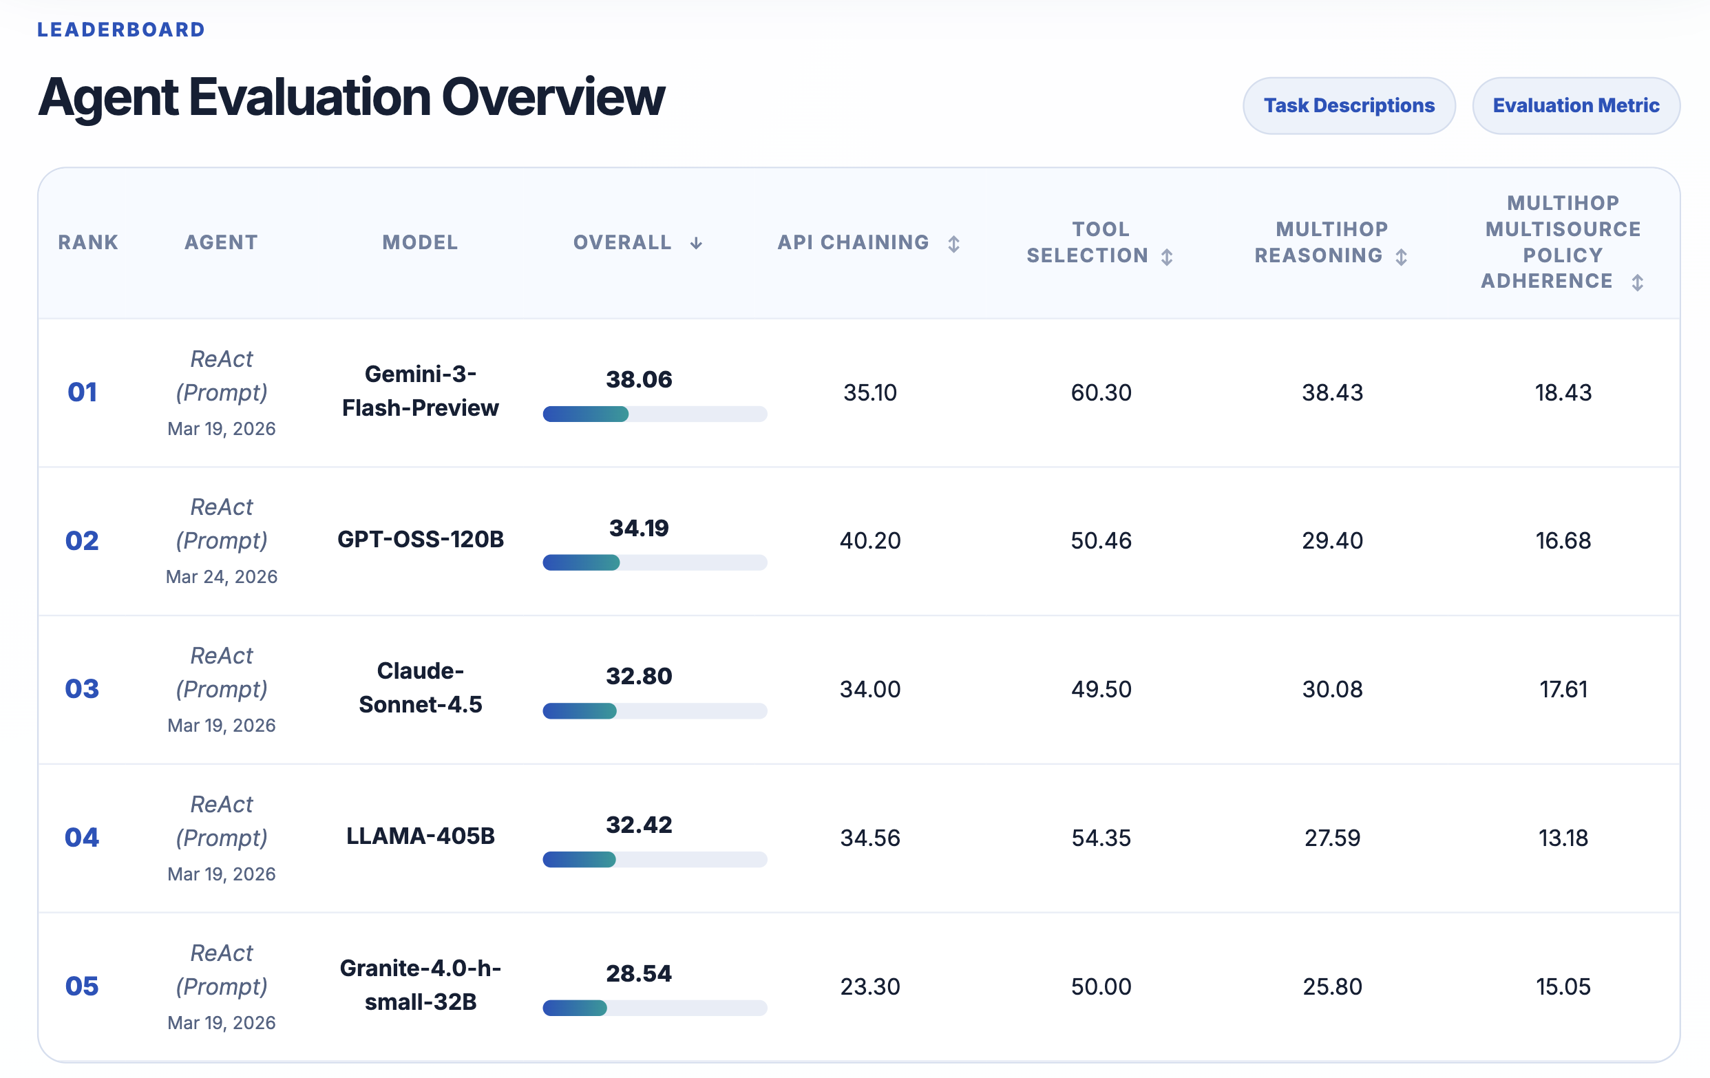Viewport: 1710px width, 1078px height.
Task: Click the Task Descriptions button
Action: [1349, 106]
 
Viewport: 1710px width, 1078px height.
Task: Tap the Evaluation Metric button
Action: [1576, 106]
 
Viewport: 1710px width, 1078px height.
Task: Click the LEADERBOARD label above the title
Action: [121, 30]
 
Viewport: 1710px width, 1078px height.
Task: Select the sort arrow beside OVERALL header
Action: [696, 244]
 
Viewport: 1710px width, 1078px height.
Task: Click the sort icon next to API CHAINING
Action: [953, 244]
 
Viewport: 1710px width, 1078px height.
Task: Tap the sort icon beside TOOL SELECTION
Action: [1167, 256]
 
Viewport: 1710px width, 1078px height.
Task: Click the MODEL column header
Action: [421, 243]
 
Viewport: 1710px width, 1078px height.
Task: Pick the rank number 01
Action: [83, 392]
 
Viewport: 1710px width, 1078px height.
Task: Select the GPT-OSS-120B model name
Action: [421, 540]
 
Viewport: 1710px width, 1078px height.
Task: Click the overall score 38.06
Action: [639, 379]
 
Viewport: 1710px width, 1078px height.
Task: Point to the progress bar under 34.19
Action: [655, 562]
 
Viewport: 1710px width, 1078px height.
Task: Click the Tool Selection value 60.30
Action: [1101, 392]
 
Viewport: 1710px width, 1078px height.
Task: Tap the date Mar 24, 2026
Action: [222, 577]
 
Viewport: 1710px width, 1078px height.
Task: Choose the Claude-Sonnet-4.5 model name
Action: [421, 688]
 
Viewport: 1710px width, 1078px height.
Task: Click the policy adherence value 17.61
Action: [1563, 690]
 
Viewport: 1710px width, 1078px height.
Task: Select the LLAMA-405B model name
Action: [421, 836]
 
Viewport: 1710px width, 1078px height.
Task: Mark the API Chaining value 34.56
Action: [870, 838]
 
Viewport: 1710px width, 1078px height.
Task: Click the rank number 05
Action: [83, 986]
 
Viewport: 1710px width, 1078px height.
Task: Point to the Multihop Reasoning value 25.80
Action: [1332, 986]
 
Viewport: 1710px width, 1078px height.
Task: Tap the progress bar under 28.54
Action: [655, 1008]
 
